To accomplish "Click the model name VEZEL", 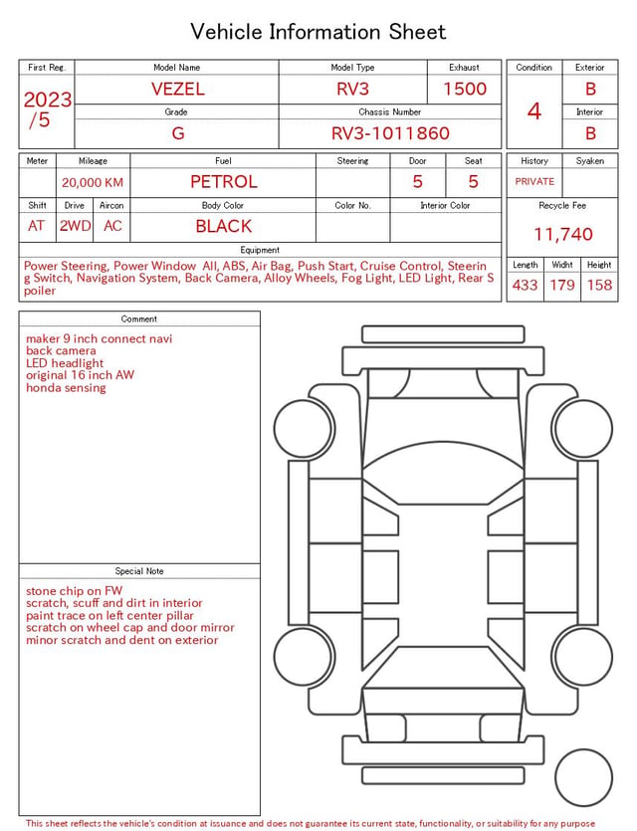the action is click(x=177, y=89).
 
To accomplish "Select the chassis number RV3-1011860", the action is click(x=390, y=133).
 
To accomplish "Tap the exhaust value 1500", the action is click(x=465, y=89).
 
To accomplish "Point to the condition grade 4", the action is click(x=534, y=111).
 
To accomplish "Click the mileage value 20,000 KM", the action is click(x=93, y=182).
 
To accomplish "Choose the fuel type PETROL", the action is click(x=224, y=182).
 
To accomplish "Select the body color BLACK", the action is click(x=224, y=226).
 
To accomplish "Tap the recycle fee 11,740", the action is click(x=562, y=234).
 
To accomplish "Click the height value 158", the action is click(x=599, y=285).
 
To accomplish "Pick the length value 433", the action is click(x=525, y=285).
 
